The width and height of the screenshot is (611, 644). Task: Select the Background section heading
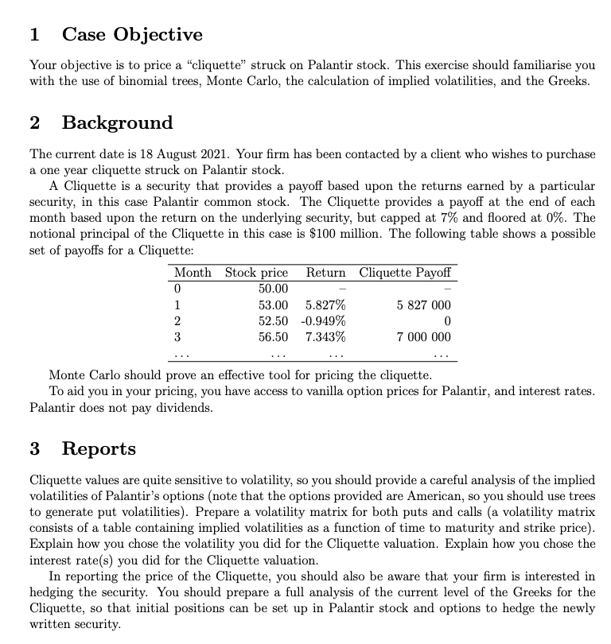pyautogui.click(x=116, y=122)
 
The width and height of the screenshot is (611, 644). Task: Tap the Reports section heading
pyautogui.click(x=99, y=448)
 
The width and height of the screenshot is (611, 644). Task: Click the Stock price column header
pyautogui.click(x=256, y=273)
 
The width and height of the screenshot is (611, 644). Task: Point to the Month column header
pyautogui.click(x=193, y=273)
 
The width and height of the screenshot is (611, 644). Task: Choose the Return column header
pyautogui.click(x=326, y=273)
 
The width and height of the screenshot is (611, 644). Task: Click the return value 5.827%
pyautogui.click(x=325, y=305)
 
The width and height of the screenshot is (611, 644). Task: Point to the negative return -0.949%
pyautogui.click(x=323, y=320)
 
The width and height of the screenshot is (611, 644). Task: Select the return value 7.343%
pyautogui.click(x=325, y=336)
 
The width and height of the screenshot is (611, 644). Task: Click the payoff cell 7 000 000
pyautogui.click(x=422, y=336)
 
